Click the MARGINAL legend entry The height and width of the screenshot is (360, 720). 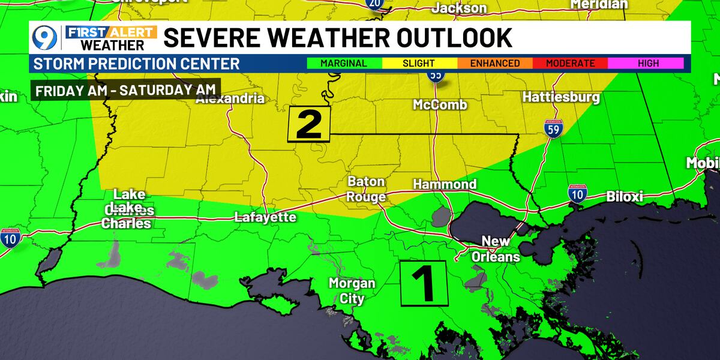(x=344, y=63)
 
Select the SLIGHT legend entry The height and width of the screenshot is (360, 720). (x=419, y=63)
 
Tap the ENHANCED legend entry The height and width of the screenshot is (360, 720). (x=495, y=63)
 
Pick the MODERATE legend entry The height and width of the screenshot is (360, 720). (x=571, y=63)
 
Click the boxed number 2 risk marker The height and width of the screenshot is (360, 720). (x=309, y=125)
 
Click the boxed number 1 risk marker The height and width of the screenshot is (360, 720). (x=424, y=283)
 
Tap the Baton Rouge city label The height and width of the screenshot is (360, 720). (x=366, y=189)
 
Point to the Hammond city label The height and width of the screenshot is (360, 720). (x=445, y=184)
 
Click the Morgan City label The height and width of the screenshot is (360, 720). (x=352, y=290)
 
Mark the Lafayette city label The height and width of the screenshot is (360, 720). (x=265, y=217)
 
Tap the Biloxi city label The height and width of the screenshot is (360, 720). (x=625, y=196)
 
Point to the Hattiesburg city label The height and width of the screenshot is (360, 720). (x=561, y=97)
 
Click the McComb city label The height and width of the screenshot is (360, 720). (x=440, y=105)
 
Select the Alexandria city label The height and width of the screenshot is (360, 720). (x=230, y=98)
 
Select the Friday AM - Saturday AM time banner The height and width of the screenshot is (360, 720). (x=125, y=92)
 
